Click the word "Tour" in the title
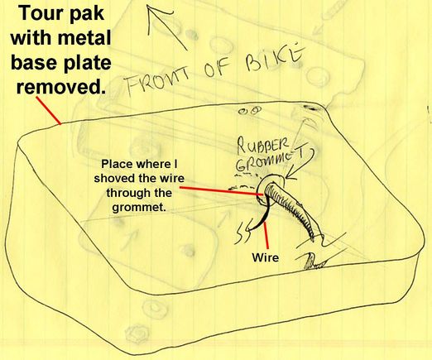(40, 13)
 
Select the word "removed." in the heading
(61, 87)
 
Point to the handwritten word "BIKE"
(274, 57)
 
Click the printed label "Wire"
(265, 257)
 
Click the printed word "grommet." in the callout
(139, 208)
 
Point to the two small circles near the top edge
(250, 111)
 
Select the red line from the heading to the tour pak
(49, 110)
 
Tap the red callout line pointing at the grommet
(221, 191)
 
